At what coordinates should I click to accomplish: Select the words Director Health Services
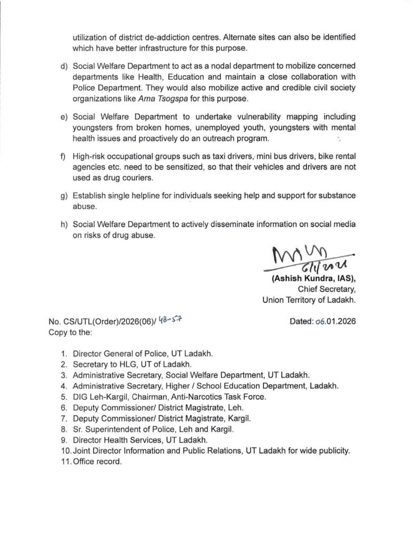122,440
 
